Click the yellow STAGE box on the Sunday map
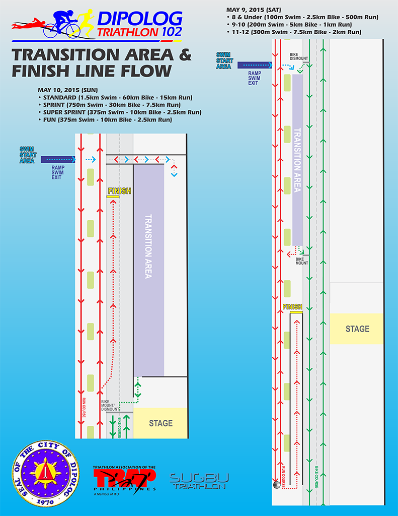click(x=161, y=423)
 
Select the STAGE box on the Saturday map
click(x=357, y=329)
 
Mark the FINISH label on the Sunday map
click(x=119, y=191)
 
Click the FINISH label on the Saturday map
click(x=292, y=307)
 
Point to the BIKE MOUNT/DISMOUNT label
click(x=108, y=405)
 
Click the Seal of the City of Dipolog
click(x=45, y=473)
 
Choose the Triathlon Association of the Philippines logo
click(x=124, y=479)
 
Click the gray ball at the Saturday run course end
click(x=276, y=485)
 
